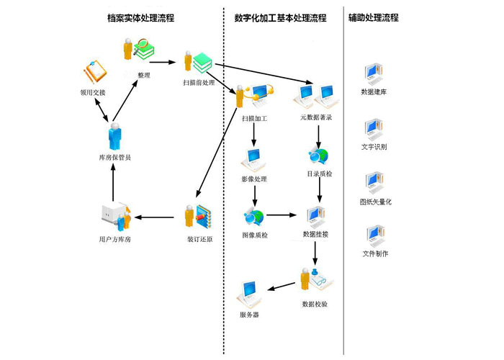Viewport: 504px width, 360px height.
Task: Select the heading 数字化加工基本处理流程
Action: click(280, 17)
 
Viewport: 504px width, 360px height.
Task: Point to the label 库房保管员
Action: click(114, 157)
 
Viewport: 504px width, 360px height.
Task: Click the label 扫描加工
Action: click(254, 117)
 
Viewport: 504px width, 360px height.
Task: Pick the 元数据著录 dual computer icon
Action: click(315, 94)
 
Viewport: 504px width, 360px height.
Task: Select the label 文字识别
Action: click(374, 147)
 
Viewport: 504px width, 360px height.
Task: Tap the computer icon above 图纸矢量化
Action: click(374, 181)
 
